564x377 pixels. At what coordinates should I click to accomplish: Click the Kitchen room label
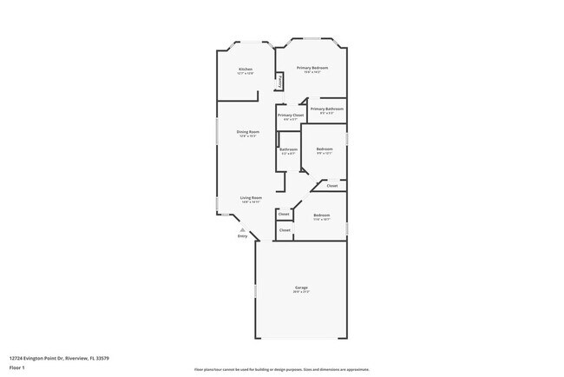pos(246,69)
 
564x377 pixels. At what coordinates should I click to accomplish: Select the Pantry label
pos(279,83)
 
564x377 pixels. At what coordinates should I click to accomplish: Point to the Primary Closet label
pos(291,115)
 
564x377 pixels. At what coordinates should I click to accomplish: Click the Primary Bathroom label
pos(327,109)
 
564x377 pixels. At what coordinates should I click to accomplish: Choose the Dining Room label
pos(248,132)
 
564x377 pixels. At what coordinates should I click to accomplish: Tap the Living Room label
pos(251,198)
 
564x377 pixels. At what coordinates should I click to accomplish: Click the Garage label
pos(301,288)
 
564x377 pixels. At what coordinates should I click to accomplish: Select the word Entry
pos(243,236)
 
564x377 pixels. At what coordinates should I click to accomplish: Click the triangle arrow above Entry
pos(243,229)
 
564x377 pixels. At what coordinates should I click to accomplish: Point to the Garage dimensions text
pos(301,292)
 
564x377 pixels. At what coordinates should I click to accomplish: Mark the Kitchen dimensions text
pos(246,73)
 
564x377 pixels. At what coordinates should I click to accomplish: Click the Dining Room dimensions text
pos(248,136)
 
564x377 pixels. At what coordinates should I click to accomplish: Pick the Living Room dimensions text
pos(251,202)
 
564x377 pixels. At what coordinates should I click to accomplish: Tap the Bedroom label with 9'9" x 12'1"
pos(324,149)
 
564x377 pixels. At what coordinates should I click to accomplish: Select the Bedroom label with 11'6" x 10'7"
pos(321,215)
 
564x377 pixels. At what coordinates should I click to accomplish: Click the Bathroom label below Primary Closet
pos(288,149)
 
